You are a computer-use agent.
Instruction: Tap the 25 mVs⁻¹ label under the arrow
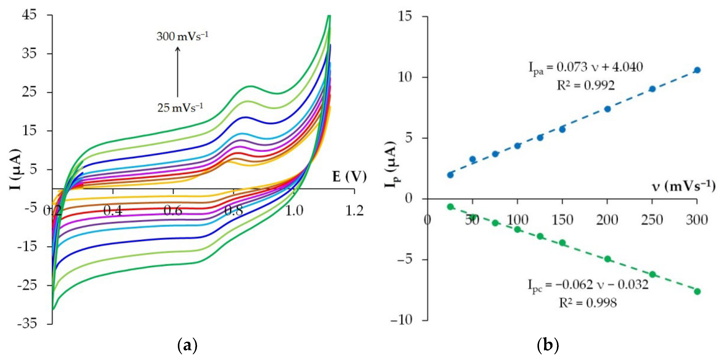coord(180,108)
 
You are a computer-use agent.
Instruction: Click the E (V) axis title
coord(349,177)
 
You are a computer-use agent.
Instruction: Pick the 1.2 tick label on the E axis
coord(354,211)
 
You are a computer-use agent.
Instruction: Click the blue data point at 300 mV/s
coord(697,70)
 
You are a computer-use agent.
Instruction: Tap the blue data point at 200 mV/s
coord(607,109)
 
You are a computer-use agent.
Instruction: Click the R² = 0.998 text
coord(587,303)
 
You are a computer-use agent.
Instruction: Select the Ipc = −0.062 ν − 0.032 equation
coord(588,285)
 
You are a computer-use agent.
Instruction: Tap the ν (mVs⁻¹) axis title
coord(683,186)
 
